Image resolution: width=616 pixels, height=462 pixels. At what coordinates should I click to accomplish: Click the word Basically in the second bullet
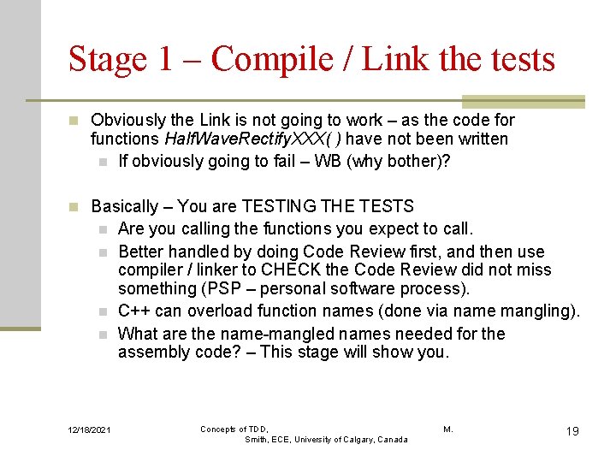pyautogui.click(x=125, y=206)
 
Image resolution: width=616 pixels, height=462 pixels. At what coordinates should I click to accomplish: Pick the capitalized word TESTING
pyautogui.click(x=278, y=206)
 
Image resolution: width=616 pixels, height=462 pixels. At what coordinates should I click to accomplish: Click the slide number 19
pyautogui.click(x=572, y=431)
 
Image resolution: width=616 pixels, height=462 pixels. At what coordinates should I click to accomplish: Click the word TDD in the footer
pyautogui.click(x=259, y=429)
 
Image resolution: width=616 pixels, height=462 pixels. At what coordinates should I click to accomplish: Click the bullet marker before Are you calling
pyautogui.click(x=103, y=229)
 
